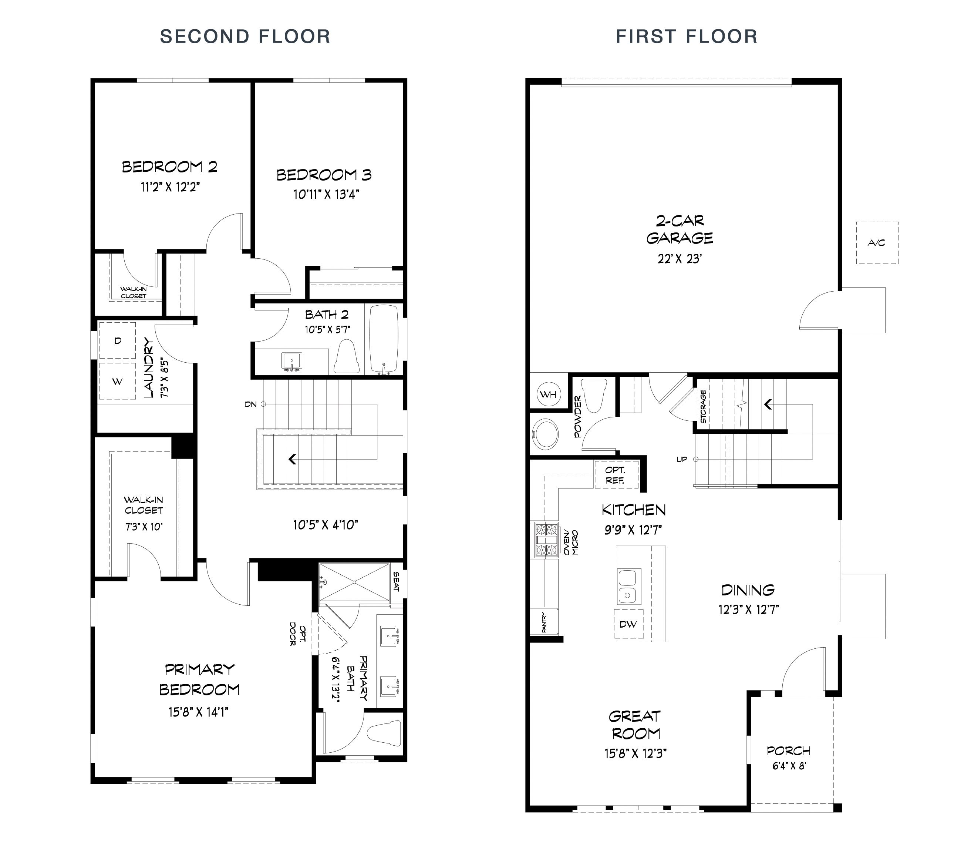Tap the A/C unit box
click(877, 243)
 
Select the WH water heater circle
click(548, 394)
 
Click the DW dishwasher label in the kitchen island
click(628, 624)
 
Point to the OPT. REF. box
click(616, 475)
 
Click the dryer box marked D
click(118, 340)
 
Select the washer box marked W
click(118, 381)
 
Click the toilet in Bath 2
click(347, 357)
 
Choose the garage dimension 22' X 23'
click(680, 259)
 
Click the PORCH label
click(789, 751)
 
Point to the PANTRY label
click(544, 622)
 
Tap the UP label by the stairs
click(681, 459)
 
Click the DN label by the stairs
click(251, 404)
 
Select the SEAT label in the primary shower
click(397, 582)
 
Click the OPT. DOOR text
click(298, 635)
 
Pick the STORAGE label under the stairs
click(704, 406)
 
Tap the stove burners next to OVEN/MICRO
click(544, 539)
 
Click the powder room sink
click(546, 433)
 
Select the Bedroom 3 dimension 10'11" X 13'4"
click(326, 194)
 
